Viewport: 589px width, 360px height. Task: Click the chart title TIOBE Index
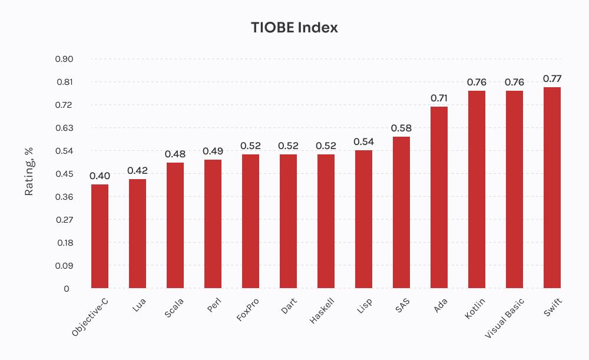tap(294, 28)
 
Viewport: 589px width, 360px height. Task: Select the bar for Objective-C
tap(100, 236)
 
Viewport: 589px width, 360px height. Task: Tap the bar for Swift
tap(552, 188)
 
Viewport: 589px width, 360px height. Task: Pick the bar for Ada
tap(439, 197)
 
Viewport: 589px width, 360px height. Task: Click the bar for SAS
tap(401, 213)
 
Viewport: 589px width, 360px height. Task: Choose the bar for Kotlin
tap(477, 190)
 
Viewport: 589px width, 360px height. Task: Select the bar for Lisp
tap(363, 219)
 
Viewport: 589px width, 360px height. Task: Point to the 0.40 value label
tap(100, 176)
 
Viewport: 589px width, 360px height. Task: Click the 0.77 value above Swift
tap(552, 78)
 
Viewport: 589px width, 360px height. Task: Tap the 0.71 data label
tap(439, 98)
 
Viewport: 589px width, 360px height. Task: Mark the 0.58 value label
tap(401, 128)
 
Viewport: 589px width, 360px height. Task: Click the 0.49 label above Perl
tap(213, 151)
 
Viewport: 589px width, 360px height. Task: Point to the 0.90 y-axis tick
tap(64, 59)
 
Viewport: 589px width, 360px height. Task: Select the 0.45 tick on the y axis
tap(64, 174)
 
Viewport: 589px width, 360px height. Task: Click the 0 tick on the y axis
tap(67, 289)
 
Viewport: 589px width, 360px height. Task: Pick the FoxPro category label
tap(248, 309)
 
